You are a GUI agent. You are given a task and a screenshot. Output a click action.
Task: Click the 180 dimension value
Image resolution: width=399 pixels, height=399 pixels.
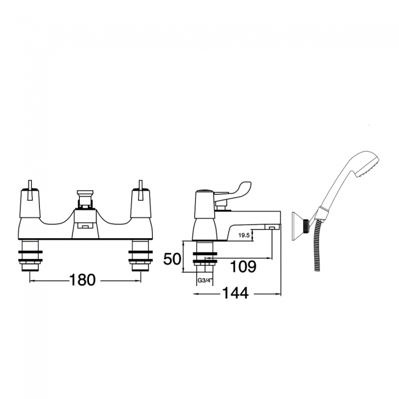[x=82, y=280]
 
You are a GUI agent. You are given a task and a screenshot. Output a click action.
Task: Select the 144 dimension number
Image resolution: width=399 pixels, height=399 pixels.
[x=235, y=293]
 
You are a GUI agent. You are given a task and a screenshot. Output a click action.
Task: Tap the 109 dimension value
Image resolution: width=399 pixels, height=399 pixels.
[x=243, y=266]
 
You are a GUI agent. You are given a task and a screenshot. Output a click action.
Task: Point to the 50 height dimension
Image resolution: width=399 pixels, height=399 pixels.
[x=172, y=259]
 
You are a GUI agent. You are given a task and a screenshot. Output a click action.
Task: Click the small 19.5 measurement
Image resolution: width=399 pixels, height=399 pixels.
[x=244, y=235]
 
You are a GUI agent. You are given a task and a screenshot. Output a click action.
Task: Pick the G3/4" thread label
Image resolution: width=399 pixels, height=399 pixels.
[x=205, y=281]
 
